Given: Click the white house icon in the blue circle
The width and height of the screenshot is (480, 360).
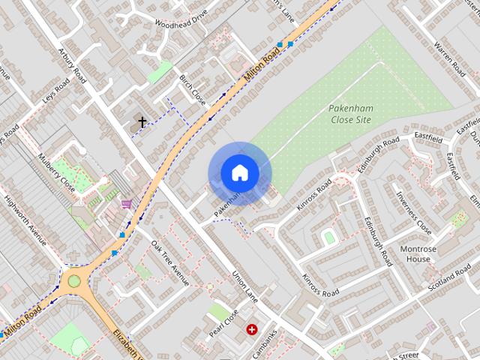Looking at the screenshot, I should (x=239, y=173).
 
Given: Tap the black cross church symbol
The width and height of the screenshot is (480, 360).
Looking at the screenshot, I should (x=141, y=121).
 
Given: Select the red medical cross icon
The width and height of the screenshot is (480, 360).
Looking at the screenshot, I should (x=251, y=328).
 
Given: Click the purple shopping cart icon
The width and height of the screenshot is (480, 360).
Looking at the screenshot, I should (x=127, y=203).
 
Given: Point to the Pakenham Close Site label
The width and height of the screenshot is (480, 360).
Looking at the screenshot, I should (x=350, y=113).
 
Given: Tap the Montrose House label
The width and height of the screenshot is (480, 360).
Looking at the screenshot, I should (x=418, y=254).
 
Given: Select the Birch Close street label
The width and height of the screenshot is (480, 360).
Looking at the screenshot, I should (x=192, y=89).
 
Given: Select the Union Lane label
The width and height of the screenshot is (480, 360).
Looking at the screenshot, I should (x=244, y=286).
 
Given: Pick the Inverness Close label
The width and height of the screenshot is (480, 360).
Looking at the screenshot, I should (x=413, y=212).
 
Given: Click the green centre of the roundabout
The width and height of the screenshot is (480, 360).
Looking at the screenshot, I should (x=73, y=281).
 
